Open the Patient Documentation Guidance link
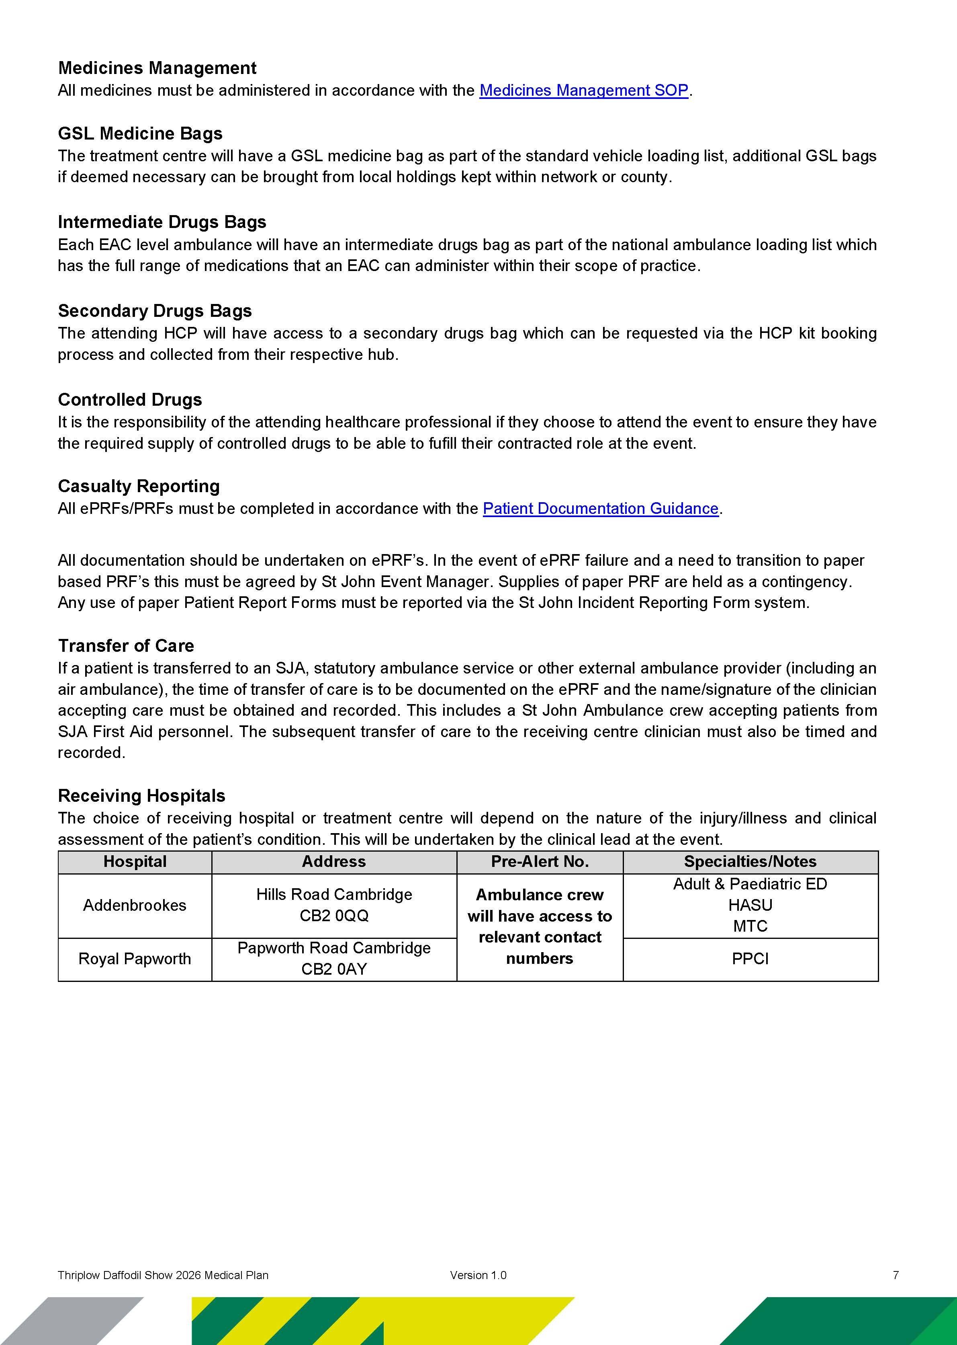pyautogui.click(x=601, y=508)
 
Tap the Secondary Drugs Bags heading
pyautogui.click(x=155, y=311)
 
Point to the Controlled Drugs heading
pyautogui.click(x=130, y=400)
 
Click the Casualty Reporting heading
pyautogui.click(x=139, y=486)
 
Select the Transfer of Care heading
pyautogui.click(x=125, y=646)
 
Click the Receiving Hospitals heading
pyautogui.click(x=141, y=795)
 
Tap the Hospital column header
pyautogui.click(x=135, y=862)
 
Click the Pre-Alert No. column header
pyautogui.click(x=540, y=862)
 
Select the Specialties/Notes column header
pyautogui.click(x=750, y=862)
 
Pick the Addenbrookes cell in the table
pyautogui.click(x=135, y=905)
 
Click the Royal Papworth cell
pyautogui.click(x=135, y=959)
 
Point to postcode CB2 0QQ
pyautogui.click(x=334, y=916)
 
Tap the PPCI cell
pyautogui.click(x=750, y=959)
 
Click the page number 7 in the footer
pyautogui.click(x=896, y=1275)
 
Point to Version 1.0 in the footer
pyautogui.click(x=478, y=1275)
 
